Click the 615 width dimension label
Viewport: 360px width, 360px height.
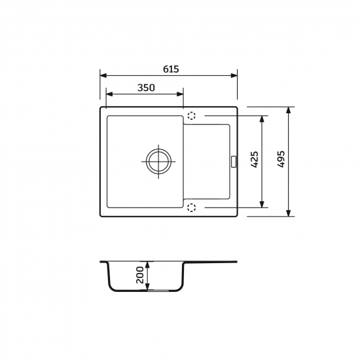tap(171, 69)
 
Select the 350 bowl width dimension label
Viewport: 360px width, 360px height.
tap(146, 88)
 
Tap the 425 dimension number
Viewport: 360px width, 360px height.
tap(255, 159)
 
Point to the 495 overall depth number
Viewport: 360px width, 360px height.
tap(281, 159)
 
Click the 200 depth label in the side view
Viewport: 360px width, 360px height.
tap(140, 275)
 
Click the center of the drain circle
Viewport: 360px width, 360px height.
tap(158, 161)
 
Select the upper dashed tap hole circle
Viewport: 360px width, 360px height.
tap(192, 116)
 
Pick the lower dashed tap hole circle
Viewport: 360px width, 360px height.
tap(192, 207)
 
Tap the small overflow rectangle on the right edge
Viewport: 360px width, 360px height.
tap(234, 162)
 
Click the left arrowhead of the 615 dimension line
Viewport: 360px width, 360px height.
tap(103, 75)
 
